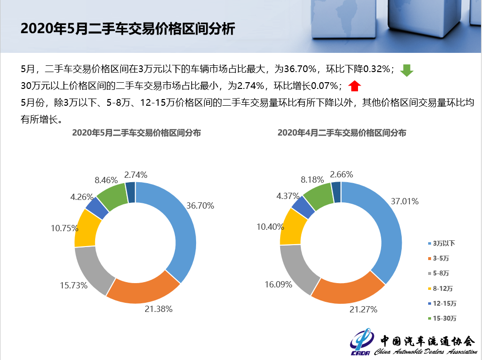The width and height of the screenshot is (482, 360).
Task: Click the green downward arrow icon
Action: pos(407,70)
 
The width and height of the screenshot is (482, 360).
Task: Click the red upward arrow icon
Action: pos(355,86)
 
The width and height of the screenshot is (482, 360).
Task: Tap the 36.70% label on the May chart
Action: pos(200,205)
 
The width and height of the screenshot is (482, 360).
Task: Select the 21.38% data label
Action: pos(159,309)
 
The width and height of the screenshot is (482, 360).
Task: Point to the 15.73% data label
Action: pos(74,286)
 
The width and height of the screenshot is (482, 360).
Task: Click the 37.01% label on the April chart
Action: pos(405,201)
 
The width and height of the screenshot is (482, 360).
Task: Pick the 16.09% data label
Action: pos(278,285)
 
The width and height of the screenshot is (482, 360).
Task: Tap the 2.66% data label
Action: pos(342,174)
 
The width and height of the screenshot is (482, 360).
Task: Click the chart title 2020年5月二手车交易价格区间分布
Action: pos(136,133)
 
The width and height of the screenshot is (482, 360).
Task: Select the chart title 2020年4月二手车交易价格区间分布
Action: pos(342,133)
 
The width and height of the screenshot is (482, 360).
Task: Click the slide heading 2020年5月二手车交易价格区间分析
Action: pos(128,29)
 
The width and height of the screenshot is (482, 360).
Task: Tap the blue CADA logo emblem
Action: pos(361,343)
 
